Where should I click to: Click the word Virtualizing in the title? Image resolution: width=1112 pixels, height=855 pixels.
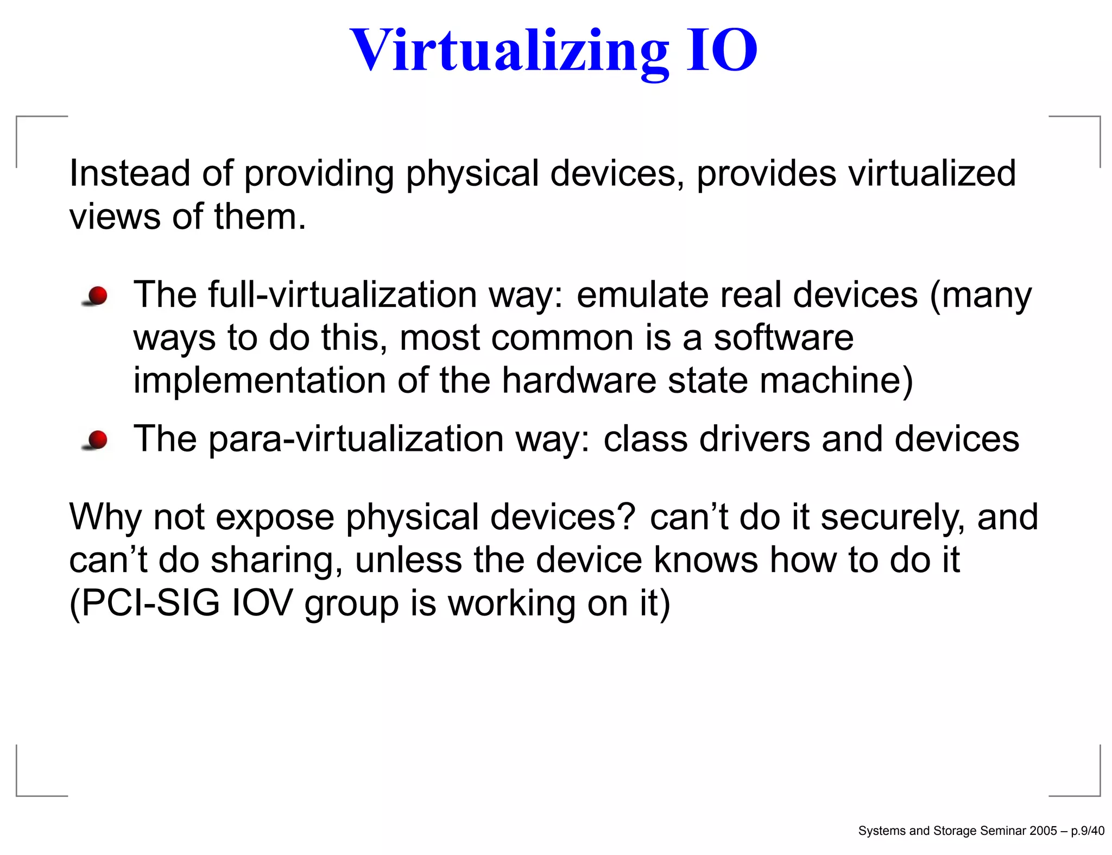pyautogui.click(x=509, y=51)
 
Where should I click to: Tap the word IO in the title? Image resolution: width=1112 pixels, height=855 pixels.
pyautogui.click(x=722, y=51)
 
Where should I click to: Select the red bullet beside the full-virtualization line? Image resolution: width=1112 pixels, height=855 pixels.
pyautogui.click(x=97, y=297)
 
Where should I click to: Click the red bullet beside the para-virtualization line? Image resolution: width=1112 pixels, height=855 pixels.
pyautogui.click(x=97, y=440)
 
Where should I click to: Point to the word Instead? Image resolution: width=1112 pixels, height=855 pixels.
pyautogui.click(x=129, y=174)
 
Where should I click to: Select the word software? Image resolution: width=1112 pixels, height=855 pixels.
pyautogui.click(x=783, y=338)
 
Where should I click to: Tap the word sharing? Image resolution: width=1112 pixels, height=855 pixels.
pyautogui.click(x=276, y=561)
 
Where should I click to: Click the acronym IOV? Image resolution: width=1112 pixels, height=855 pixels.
pyautogui.click(x=262, y=603)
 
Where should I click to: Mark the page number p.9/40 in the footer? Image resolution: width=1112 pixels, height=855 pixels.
pyautogui.click(x=1087, y=831)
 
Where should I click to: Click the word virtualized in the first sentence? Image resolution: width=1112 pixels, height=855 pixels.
pyautogui.click(x=932, y=174)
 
